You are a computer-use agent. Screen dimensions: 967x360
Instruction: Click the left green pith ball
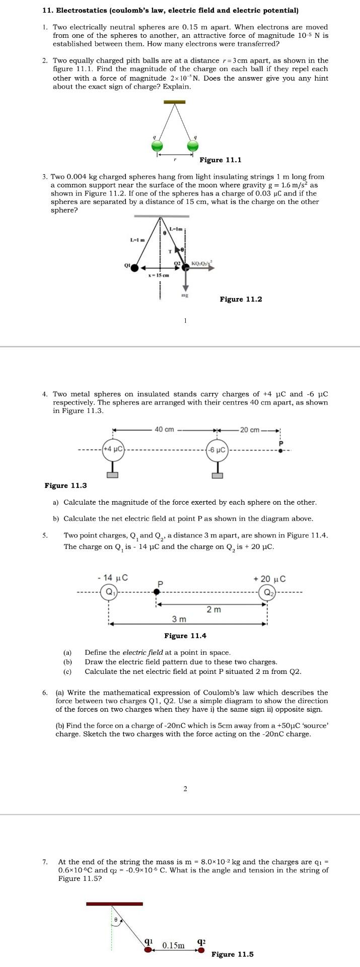click(157, 146)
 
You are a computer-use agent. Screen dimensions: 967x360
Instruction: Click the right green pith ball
click(192, 146)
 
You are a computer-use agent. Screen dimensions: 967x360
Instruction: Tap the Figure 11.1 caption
click(221, 160)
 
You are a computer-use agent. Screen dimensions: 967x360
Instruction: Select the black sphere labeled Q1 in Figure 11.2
click(134, 268)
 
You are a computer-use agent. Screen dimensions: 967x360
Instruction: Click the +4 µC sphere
click(113, 449)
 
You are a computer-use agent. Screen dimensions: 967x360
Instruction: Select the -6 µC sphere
click(218, 450)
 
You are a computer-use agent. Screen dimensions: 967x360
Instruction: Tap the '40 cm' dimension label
click(164, 430)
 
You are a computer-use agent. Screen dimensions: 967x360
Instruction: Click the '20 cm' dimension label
click(249, 430)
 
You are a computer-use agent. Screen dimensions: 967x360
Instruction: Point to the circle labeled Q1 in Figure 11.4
click(109, 592)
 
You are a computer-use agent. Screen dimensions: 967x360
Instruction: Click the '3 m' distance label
click(179, 618)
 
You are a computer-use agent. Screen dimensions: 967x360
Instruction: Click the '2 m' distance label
click(213, 609)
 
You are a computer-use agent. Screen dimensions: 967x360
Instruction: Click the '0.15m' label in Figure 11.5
click(173, 945)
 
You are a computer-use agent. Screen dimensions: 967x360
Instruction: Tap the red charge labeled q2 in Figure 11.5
click(201, 950)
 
